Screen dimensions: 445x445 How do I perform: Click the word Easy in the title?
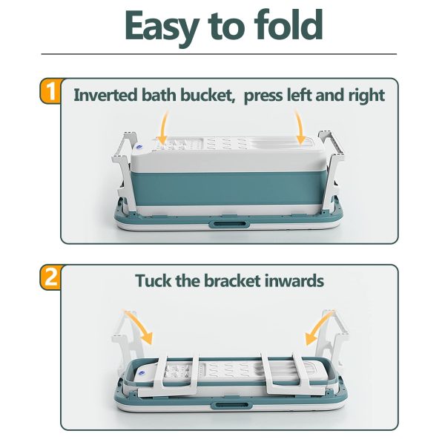coord(161,27)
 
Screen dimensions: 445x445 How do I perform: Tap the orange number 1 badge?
coord(50,91)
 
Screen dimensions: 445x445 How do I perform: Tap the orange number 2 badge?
coord(50,277)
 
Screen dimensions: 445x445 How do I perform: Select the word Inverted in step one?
coord(106,95)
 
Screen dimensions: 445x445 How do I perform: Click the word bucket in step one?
coord(208,95)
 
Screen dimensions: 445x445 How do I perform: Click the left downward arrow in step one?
coord(163,128)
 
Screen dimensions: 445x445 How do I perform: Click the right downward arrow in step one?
coord(300,128)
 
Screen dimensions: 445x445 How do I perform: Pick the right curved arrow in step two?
coord(318,326)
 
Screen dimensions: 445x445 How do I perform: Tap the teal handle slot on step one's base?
coord(229,224)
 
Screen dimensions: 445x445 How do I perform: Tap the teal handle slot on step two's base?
coord(231,405)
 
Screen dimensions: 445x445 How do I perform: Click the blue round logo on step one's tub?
coord(139,146)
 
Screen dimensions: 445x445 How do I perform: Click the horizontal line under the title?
coord(219,53)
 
